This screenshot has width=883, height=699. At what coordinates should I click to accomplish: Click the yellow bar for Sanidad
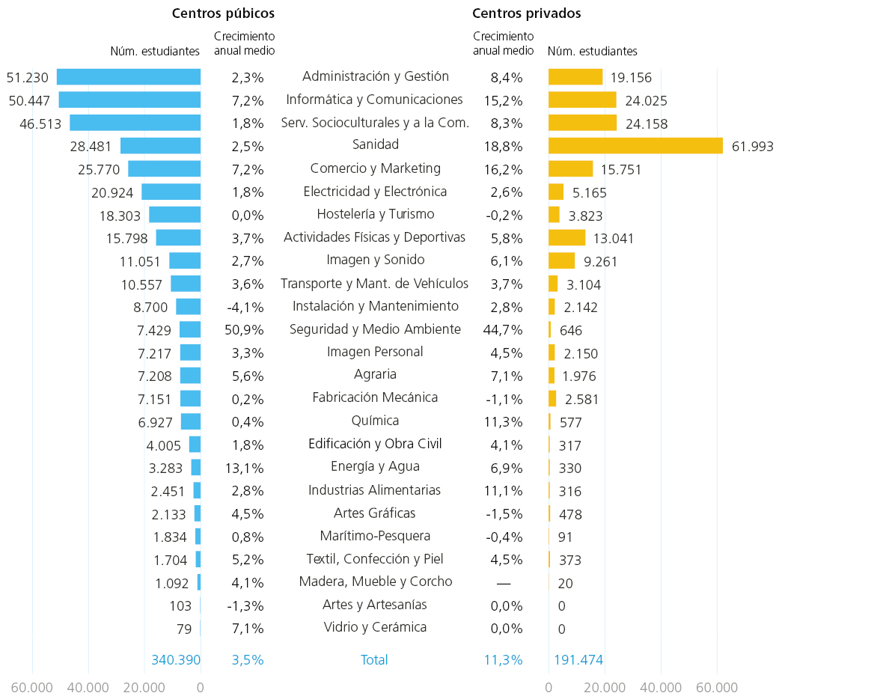636,146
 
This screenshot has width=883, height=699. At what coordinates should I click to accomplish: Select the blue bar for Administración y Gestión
129,77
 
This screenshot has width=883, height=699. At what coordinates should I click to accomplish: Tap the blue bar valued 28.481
161,146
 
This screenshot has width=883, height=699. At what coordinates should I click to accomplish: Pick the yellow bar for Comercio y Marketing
571,169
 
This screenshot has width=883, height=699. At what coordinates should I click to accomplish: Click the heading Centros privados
527,13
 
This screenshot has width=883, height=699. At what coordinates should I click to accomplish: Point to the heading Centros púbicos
223,13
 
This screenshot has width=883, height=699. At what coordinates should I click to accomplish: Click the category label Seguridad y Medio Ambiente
375,329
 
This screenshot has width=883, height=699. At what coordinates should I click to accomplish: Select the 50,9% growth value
245,329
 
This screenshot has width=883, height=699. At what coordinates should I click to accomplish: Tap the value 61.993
752,147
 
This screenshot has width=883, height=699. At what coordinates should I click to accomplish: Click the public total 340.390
176,659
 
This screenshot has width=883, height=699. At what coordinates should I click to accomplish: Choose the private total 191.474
578,659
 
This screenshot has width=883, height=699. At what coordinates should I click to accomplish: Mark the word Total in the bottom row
374,659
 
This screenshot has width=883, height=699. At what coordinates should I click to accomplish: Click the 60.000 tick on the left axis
32,687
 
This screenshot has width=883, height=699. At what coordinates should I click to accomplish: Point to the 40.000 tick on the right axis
661,687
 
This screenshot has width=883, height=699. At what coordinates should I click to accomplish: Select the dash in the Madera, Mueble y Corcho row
504,584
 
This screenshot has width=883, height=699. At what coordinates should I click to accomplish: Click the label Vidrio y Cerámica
375,627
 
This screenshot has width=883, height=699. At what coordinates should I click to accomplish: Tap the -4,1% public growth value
245,307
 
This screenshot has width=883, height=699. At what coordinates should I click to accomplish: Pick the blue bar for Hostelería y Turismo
175,215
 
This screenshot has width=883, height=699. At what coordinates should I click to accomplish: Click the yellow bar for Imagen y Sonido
562,260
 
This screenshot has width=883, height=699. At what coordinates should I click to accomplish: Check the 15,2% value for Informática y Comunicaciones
504,101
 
